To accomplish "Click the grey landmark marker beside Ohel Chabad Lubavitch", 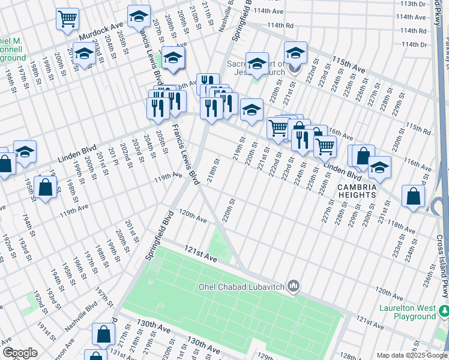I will point(294,286).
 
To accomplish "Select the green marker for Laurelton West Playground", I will point(444,311).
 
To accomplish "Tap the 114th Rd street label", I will point(280,26).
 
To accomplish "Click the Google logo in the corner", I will point(20,353).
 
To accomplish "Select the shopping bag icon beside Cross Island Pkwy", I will point(414,196).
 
